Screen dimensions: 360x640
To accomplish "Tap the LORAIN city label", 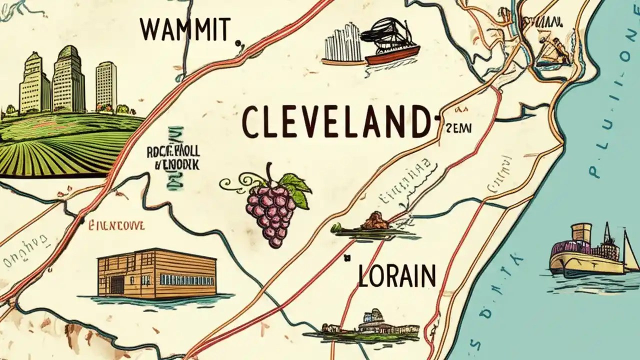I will pos(396,275).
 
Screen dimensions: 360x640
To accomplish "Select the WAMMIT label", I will pos(185,30).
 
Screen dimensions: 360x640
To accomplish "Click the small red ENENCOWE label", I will pos(116,226).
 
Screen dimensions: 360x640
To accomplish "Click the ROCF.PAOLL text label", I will pos(172,152).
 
